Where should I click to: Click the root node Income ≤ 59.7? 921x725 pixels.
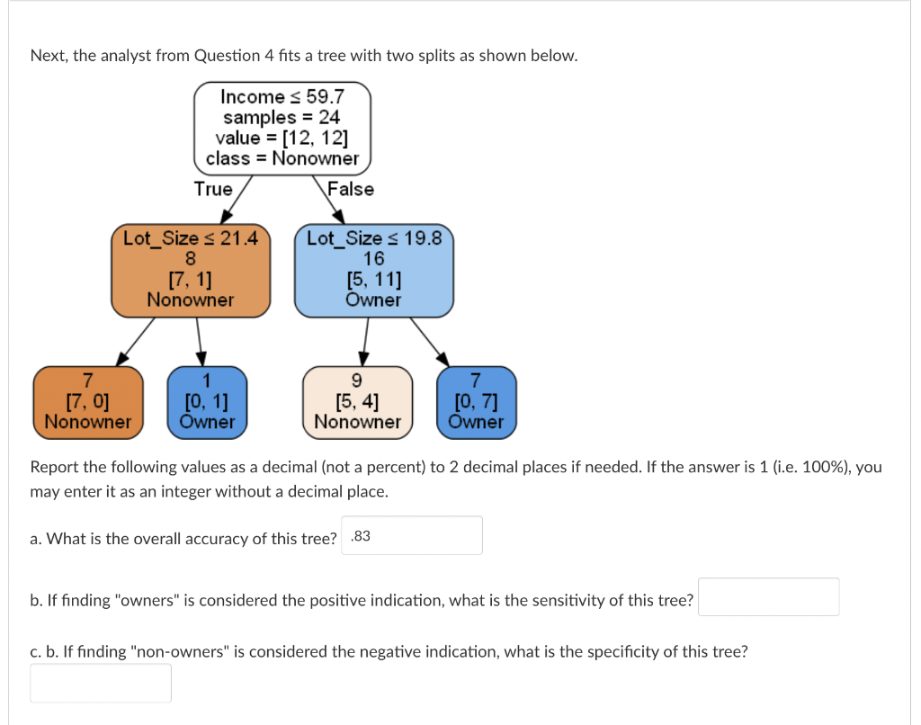pos(282,127)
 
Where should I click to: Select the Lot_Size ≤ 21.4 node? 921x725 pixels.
pos(190,270)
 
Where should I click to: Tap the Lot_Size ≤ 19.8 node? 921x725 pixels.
pos(373,270)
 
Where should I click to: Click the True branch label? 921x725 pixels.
pos(213,189)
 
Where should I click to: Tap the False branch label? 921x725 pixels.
pos(351,189)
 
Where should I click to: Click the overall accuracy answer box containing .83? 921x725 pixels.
pos(412,536)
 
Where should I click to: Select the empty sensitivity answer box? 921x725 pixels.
pos(768,597)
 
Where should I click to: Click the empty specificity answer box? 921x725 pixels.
pos(101,683)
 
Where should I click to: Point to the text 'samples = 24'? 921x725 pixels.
pos(282,117)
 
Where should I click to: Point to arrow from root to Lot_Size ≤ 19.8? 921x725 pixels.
pos(331,201)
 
